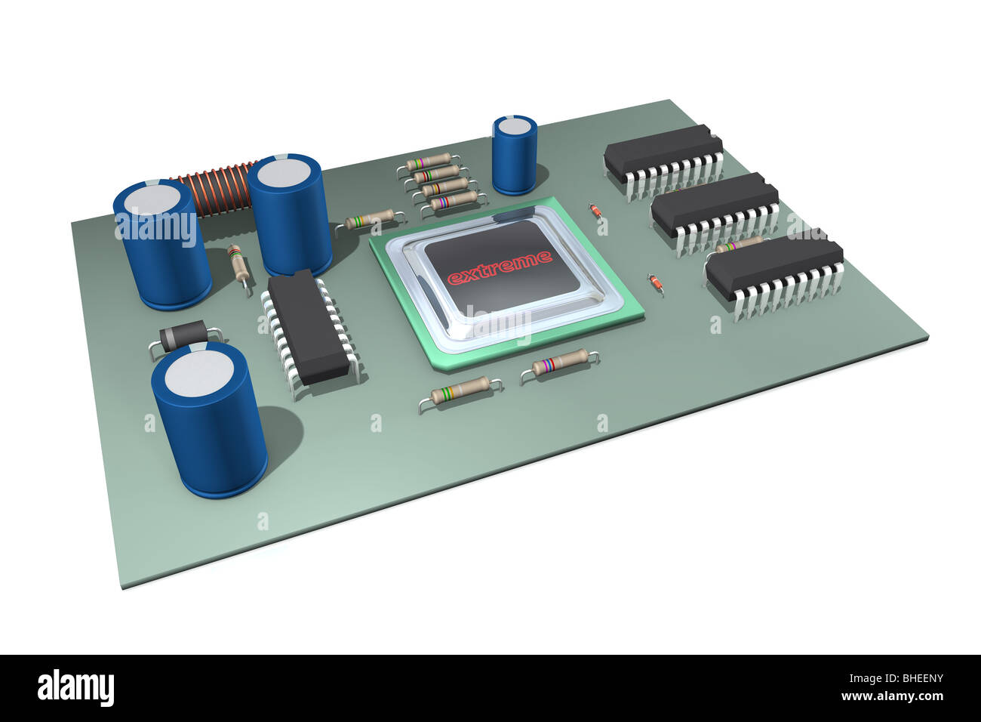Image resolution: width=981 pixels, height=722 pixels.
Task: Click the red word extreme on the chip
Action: [x=500, y=267]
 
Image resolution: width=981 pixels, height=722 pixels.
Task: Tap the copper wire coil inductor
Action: [x=214, y=190]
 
